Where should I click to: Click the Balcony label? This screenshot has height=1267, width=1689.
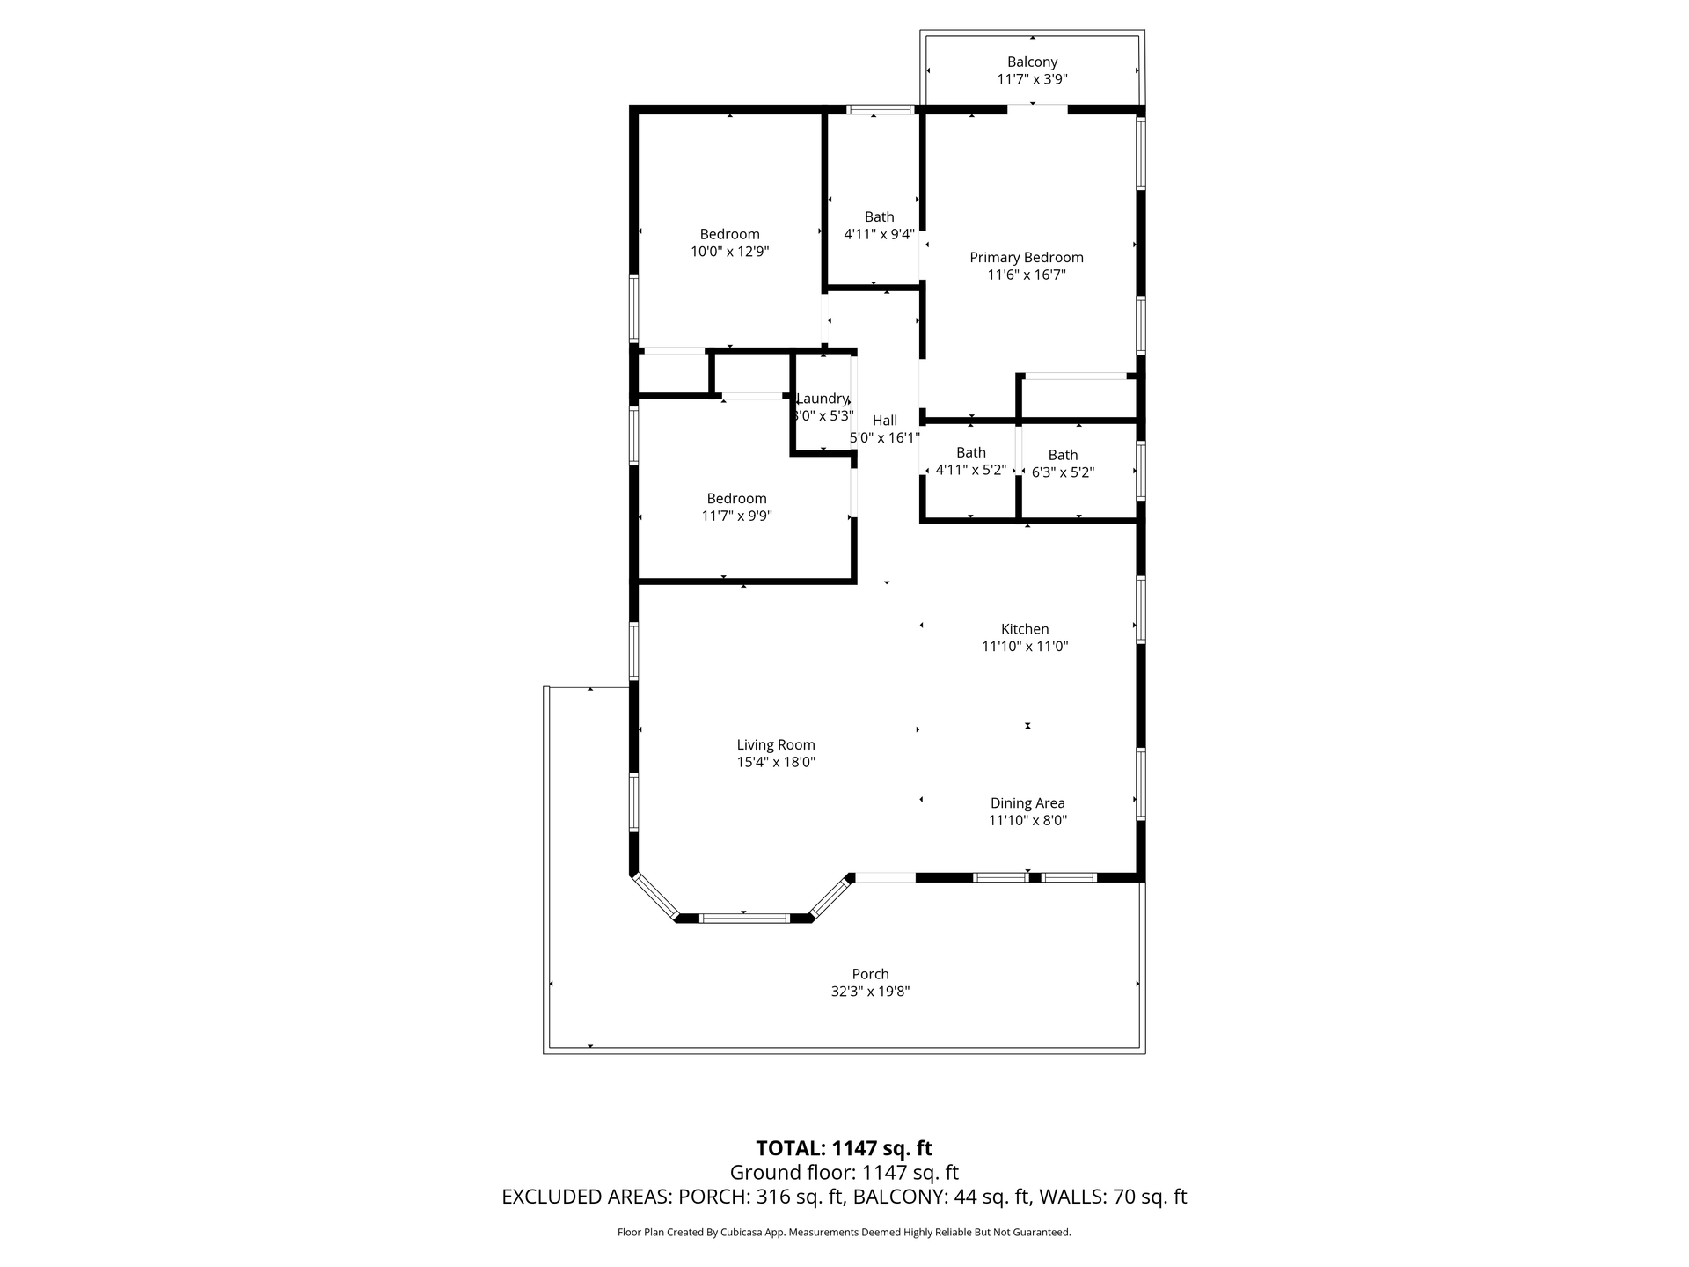(x=1032, y=62)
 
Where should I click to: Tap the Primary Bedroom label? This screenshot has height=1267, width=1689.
(x=1027, y=257)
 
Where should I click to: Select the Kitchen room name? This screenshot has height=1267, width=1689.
(x=1025, y=629)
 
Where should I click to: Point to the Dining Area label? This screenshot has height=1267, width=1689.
(x=1027, y=802)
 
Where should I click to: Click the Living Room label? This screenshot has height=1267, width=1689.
(x=776, y=744)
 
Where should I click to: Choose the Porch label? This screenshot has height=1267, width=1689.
(x=870, y=974)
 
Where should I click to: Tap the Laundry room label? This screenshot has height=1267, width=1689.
(x=822, y=399)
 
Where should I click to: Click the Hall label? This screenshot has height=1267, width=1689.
(x=885, y=421)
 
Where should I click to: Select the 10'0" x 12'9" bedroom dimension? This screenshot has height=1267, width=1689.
(x=730, y=252)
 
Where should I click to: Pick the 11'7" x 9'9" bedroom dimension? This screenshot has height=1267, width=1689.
(x=737, y=516)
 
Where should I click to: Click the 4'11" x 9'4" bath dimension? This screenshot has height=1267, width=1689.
(x=880, y=234)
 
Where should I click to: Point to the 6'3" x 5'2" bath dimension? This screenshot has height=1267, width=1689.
(x=1063, y=472)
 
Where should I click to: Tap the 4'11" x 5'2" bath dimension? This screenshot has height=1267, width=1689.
(x=971, y=470)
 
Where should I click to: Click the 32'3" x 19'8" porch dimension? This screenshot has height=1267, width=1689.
(x=870, y=992)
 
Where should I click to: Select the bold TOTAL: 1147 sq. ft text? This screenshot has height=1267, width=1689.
(x=844, y=1148)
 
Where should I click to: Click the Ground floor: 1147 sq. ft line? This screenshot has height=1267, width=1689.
(x=844, y=1173)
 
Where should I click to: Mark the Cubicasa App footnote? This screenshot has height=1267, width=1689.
(x=844, y=1233)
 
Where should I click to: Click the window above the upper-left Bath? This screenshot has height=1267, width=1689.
(x=881, y=110)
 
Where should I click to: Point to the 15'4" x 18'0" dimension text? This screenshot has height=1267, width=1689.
(x=776, y=762)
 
